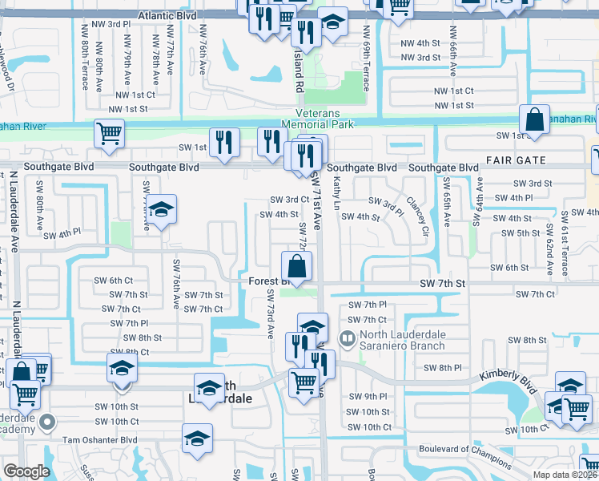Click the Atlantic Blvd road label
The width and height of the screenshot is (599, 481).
(167, 15)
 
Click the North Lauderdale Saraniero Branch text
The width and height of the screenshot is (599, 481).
(407, 340)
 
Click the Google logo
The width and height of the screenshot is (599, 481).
(26, 471)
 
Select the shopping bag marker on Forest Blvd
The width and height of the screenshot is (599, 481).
(296, 266)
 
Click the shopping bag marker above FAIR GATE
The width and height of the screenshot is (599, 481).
(534, 121)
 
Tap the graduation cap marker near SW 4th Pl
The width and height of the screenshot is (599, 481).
(162, 212)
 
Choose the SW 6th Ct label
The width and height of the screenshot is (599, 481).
(113, 280)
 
